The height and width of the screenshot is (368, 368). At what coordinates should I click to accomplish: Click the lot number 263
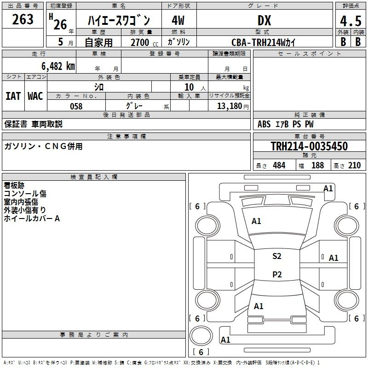[x=23, y=19]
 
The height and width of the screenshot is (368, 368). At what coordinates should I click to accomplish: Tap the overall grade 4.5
[x=351, y=21]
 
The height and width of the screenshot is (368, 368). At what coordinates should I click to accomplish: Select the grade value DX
[x=264, y=20]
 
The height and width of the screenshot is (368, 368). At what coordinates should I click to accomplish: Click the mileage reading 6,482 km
[x=58, y=66]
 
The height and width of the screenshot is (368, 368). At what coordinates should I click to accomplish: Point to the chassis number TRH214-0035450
[x=309, y=146]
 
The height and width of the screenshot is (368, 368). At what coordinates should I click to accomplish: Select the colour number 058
[x=76, y=106]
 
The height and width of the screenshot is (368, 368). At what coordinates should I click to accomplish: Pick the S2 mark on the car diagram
[x=277, y=256]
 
